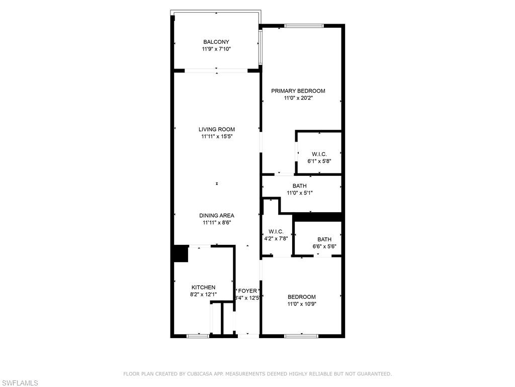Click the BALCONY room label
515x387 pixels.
[216, 42]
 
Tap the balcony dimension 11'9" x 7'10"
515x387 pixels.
[216, 49]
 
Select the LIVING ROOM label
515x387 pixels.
[217, 130]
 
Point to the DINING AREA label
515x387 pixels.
[217, 216]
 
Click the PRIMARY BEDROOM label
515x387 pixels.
[298, 91]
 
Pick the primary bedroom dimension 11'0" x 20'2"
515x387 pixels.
[298, 98]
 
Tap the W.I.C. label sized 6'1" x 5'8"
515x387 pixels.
[319, 154]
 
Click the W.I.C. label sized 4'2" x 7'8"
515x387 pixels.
[276, 232]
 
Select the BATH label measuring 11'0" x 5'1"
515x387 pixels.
[300, 186]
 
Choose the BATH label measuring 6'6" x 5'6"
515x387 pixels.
[324, 239]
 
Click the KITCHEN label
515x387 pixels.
[204, 287]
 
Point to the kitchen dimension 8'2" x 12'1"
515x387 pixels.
[204, 294]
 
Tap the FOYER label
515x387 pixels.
[247, 291]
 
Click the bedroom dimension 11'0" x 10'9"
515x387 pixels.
[302, 304]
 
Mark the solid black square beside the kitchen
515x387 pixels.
[181, 254]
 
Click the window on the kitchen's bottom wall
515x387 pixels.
[198, 336]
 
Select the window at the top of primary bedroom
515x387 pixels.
[304, 26]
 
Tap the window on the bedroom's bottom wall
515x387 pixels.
[302, 336]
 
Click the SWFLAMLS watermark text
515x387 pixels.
[19, 383]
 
